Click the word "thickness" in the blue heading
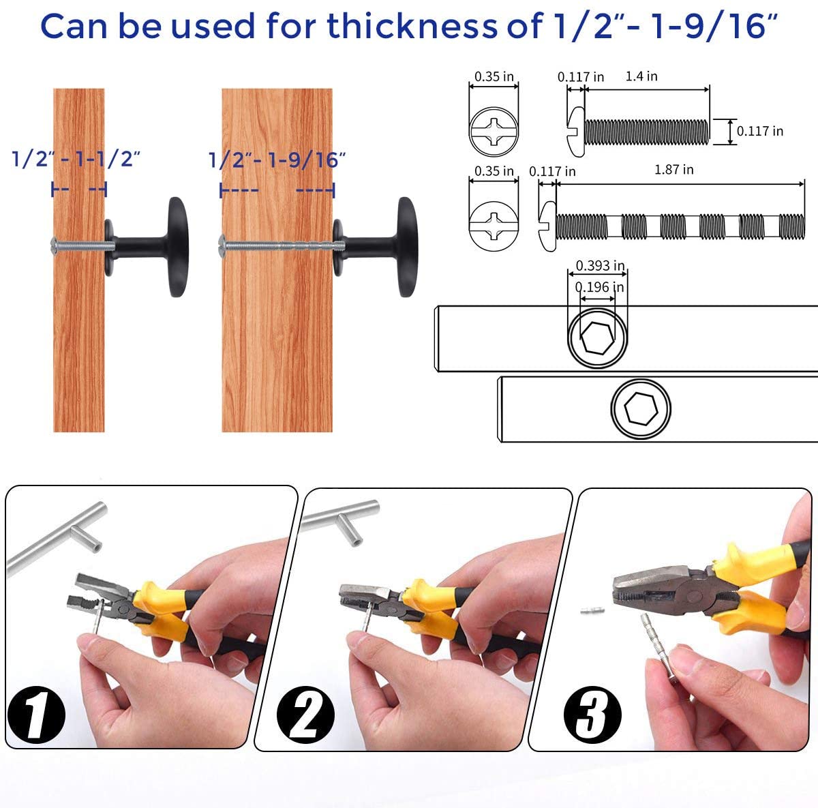click(411, 26)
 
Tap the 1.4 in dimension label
click(641, 76)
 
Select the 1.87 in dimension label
click(673, 170)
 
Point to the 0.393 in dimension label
click(600, 265)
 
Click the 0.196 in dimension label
click(599, 287)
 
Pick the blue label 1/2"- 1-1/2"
click(76, 159)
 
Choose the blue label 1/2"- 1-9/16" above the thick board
click(277, 160)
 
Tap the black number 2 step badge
click(305, 714)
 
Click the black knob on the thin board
click(147, 248)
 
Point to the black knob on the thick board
click(376, 248)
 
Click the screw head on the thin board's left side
click(54, 247)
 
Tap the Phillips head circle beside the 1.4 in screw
click(494, 132)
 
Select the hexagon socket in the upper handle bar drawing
click(597, 338)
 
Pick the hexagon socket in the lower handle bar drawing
click(641, 408)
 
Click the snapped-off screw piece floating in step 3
click(592, 611)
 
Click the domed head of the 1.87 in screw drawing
click(547, 226)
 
